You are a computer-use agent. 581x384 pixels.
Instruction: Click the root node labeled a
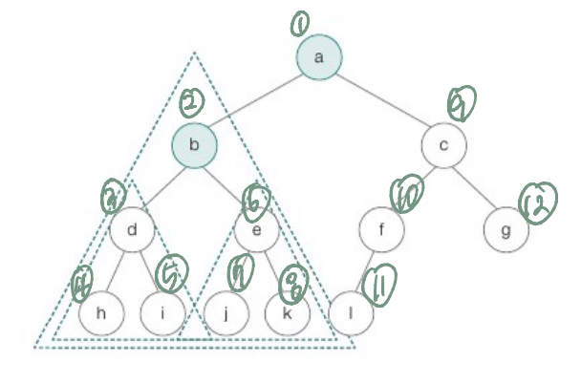[319, 57]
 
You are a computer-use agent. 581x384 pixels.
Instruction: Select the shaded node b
[195, 145]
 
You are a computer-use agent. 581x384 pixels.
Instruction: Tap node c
[442, 145]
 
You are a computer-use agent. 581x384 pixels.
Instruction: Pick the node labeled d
[133, 229]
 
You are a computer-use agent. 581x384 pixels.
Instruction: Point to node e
[256, 229]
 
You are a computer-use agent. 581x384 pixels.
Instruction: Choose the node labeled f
[382, 229]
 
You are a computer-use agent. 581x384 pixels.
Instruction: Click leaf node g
[506, 229]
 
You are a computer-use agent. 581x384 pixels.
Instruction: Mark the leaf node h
[102, 312]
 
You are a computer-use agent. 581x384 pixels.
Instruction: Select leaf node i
[163, 312]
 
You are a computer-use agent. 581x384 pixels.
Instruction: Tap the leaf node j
[226, 312]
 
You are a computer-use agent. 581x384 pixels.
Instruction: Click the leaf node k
[288, 312]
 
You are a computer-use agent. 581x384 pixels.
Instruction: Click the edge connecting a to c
[381, 101]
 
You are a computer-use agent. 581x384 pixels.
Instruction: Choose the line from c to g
[474, 187]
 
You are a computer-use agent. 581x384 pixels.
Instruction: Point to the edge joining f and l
[366, 271]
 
